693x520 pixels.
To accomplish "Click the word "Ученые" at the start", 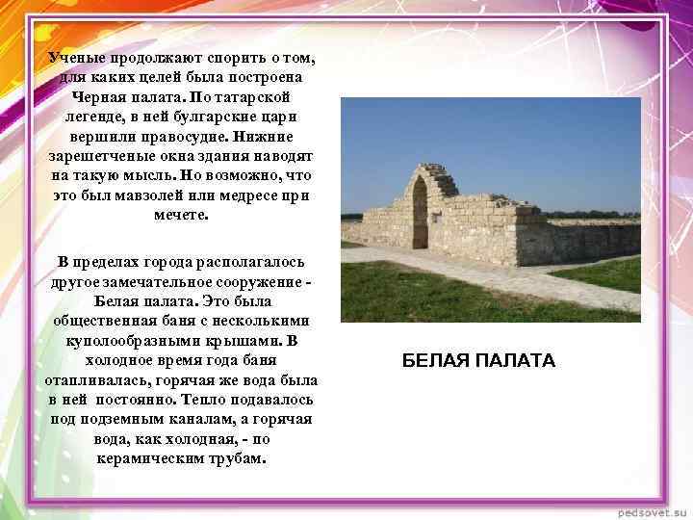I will (78, 58).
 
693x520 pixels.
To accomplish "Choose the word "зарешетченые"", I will (98, 156).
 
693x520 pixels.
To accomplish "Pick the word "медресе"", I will (265, 195).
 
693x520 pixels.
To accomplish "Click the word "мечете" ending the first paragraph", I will (179, 215).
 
